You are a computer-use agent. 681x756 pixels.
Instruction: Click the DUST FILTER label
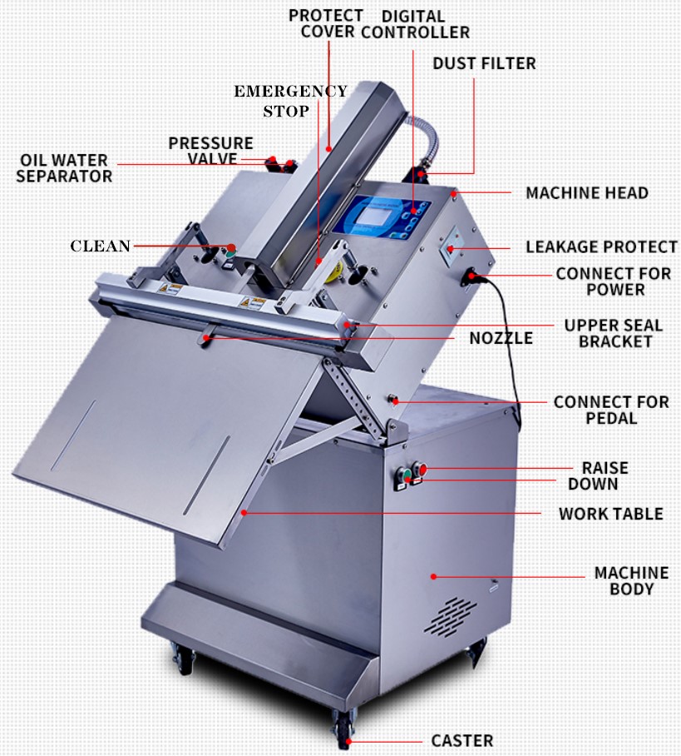pyautogui.click(x=484, y=63)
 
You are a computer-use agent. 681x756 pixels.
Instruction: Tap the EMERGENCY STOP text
pyautogui.click(x=290, y=102)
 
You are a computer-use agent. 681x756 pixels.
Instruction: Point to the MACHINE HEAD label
pyautogui.click(x=587, y=193)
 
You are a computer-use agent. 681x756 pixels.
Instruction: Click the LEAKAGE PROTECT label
pyautogui.click(x=601, y=246)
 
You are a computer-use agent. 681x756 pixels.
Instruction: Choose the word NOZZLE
pyautogui.click(x=501, y=338)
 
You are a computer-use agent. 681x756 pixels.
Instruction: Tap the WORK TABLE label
pyautogui.click(x=610, y=514)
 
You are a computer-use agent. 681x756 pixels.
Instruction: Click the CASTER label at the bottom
pyautogui.click(x=461, y=740)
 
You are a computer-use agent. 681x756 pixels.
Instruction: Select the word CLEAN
pyautogui.click(x=100, y=246)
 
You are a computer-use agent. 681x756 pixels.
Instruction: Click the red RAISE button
pyautogui.click(x=421, y=468)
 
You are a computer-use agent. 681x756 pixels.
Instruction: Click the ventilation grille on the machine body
pyautogui.click(x=450, y=616)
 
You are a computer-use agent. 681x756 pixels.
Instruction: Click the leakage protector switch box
pyautogui.click(x=451, y=246)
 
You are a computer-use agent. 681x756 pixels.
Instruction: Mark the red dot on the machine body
pyautogui.click(x=433, y=576)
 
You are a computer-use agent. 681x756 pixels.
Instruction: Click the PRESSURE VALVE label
pyautogui.click(x=211, y=151)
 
